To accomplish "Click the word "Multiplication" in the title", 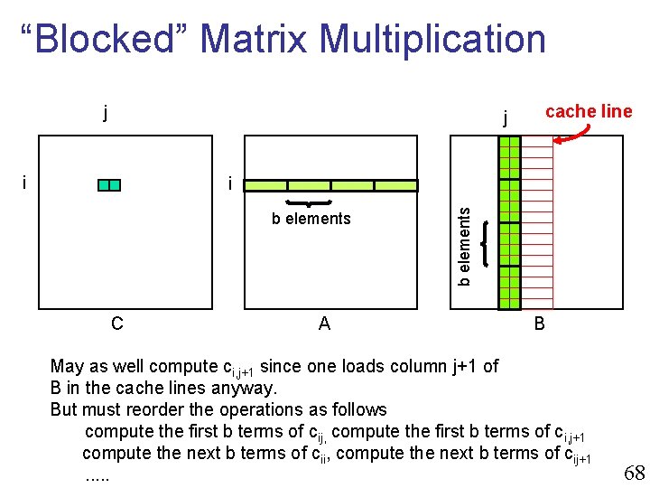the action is tap(432, 39).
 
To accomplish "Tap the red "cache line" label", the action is tap(589, 111).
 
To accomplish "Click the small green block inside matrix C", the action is tap(109, 185).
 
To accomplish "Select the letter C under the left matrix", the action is tap(116, 323).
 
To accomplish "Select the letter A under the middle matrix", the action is tap(324, 323).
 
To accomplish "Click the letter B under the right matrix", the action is tap(539, 323).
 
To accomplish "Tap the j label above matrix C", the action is tap(106, 113).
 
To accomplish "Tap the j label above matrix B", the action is tap(506, 117).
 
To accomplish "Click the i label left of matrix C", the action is tap(23, 182).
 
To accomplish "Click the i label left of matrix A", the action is tap(230, 184).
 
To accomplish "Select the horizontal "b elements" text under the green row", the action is tap(311, 219).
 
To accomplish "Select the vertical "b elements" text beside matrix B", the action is tap(464, 245).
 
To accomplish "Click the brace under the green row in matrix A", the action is tap(310, 202).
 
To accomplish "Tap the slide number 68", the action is tap(634, 472).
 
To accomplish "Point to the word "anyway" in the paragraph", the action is tap(247, 388).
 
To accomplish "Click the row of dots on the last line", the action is tap(97, 474).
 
